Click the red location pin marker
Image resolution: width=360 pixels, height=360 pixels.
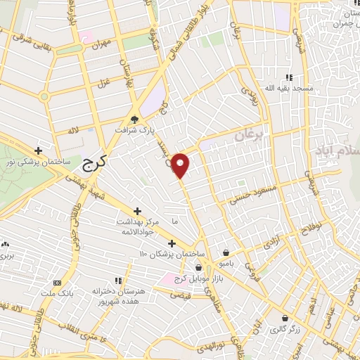pos(181,165)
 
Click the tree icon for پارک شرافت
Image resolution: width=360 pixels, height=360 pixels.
pos(136,119)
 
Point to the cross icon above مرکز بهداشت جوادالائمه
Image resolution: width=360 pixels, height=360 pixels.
pos(137,211)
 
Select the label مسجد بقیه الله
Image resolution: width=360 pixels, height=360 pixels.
pos(288,89)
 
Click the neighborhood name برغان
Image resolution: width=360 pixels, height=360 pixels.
pos(247,135)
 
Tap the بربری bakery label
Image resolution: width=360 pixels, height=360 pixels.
pos(8,254)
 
